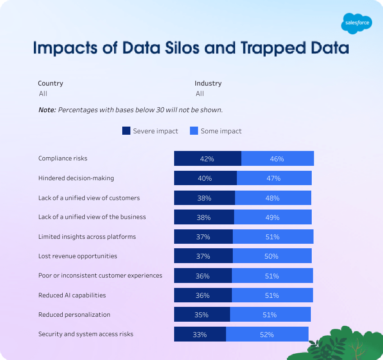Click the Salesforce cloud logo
(x=356, y=23)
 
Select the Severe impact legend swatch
(x=126, y=131)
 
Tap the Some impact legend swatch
(x=194, y=131)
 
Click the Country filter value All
(x=43, y=94)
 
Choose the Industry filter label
(x=208, y=83)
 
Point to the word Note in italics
(x=47, y=109)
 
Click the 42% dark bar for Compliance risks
(x=208, y=159)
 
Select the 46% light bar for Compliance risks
(x=277, y=159)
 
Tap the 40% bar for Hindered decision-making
(x=205, y=178)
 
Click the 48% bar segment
(x=272, y=198)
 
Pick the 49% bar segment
(x=272, y=217)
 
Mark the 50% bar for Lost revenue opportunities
(x=272, y=256)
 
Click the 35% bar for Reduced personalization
(x=202, y=314)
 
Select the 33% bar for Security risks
(x=200, y=334)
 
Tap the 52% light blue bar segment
(x=267, y=334)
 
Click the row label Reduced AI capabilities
(x=72, y=295)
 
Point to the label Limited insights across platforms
(x=87, y=237)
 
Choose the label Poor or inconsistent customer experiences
(x=100, y=275)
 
